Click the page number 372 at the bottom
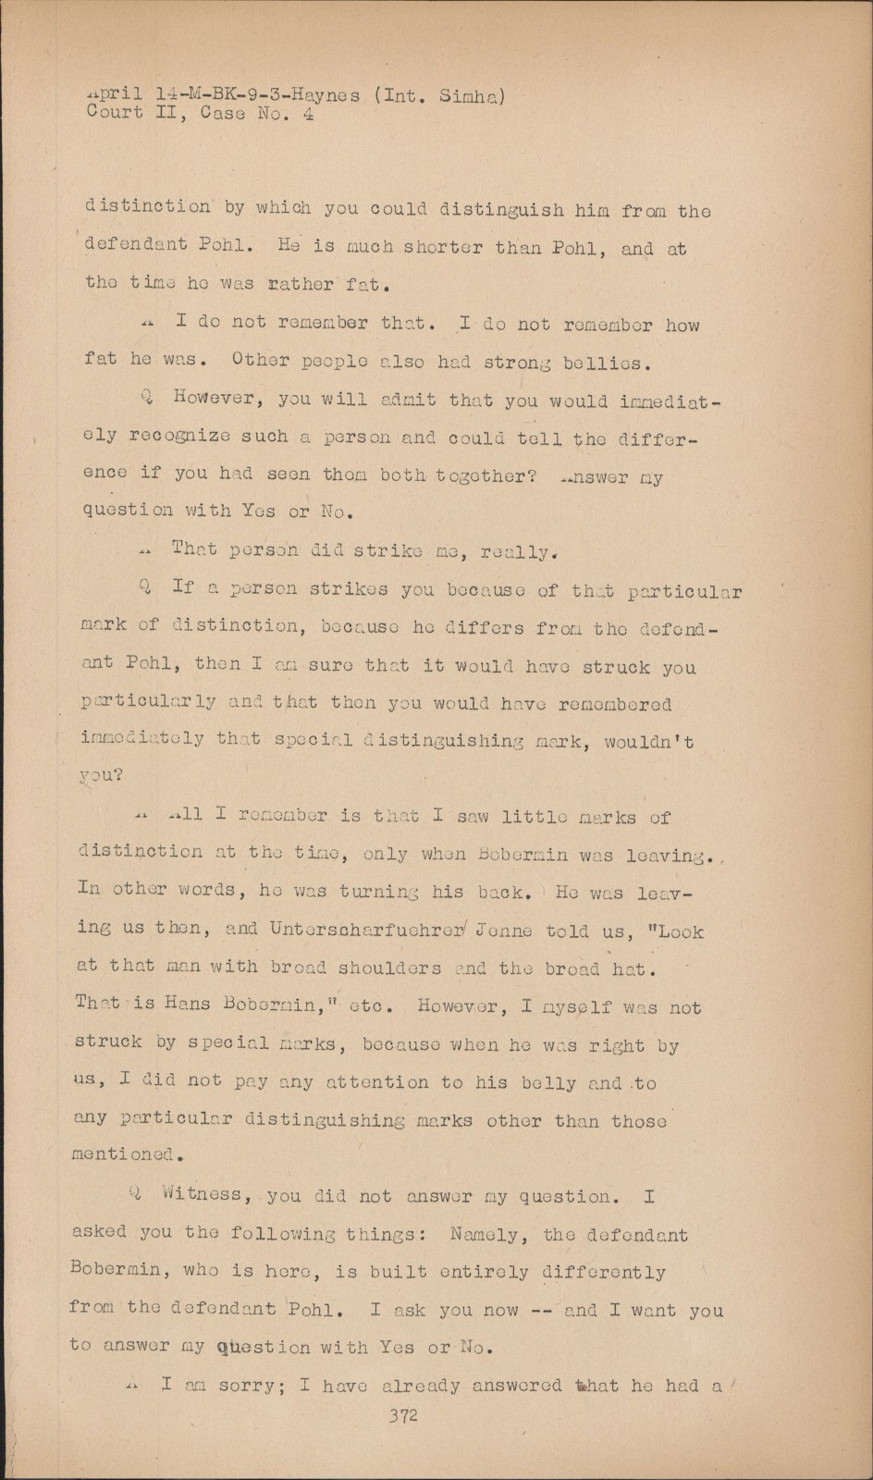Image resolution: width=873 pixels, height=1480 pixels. (x=404, y=1416)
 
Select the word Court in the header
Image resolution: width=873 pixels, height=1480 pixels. (x=115, y=114)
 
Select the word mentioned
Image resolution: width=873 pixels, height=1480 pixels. (x=124, y=1155)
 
